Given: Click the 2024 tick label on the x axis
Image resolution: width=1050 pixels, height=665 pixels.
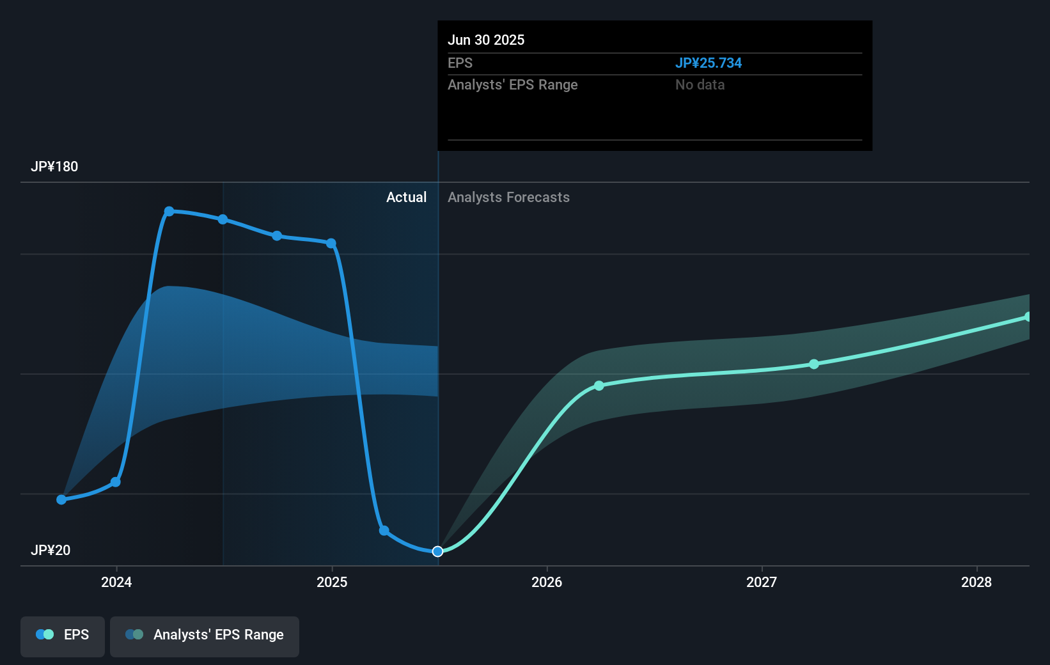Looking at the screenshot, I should [116, 582].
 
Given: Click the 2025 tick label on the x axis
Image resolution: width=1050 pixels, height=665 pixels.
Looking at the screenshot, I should [332, 582].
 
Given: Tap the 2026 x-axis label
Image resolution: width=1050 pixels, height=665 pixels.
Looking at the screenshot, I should [547, 582].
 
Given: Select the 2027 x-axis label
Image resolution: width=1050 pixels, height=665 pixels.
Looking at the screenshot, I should [762, 582].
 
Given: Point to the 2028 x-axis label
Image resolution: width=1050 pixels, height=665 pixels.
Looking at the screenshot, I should [976, 582].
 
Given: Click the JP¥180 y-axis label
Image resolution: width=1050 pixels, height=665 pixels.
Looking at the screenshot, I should [54, 167].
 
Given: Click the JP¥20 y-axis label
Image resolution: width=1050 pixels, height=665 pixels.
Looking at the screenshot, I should [51, 551].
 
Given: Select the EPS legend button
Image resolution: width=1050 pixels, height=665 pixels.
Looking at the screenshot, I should [63, 635].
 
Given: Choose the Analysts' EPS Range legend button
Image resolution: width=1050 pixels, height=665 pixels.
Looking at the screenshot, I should [205, 635].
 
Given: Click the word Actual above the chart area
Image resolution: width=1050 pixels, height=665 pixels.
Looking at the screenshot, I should [406, 198].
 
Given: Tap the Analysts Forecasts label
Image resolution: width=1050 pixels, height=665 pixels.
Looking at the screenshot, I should [508, 198].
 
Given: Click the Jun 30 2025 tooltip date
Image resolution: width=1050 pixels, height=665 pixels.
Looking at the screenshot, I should [486, 40].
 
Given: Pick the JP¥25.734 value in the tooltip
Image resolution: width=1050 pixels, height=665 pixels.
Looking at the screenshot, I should [709, 63].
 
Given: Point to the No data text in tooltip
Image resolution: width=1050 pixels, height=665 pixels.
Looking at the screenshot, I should [700, 85].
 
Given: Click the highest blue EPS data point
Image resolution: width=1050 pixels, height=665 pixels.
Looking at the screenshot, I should [169, 212].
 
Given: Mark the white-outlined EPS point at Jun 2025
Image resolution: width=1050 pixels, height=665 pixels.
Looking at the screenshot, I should [437, 551].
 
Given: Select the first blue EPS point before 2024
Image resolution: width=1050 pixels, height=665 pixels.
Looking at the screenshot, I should [61, 499].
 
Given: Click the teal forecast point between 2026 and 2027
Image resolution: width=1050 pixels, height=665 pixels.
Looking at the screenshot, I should [599, 386].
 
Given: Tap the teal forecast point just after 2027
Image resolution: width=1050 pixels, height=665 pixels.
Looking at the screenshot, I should [814, 364].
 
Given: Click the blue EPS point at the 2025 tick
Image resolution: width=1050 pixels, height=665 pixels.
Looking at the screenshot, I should [331, 244].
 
